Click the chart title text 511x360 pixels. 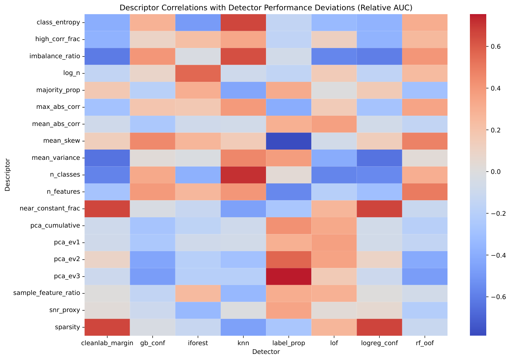(266, 8)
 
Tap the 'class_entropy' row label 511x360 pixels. (58, 22)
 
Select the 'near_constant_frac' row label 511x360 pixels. (50, 209)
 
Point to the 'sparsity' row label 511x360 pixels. (67, 327)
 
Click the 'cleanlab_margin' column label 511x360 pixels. (107, 343)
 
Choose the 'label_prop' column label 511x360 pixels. (288, 343)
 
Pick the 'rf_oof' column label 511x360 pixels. (425, 343)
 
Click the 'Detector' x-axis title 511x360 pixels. (266, 352)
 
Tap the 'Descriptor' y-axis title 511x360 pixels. (7, 175)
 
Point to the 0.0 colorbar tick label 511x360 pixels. (495, 172)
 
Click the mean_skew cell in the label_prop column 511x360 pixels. (288, 141)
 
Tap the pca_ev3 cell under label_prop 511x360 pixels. (288, 277)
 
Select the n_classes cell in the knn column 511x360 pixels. (243, 175)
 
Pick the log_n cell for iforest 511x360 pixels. (198, 73)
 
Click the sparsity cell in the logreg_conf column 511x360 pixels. (379, 327)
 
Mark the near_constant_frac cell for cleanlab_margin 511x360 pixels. (107, 209)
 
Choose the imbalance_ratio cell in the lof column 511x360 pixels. (334, 56)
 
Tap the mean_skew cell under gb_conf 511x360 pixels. (153, 141)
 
